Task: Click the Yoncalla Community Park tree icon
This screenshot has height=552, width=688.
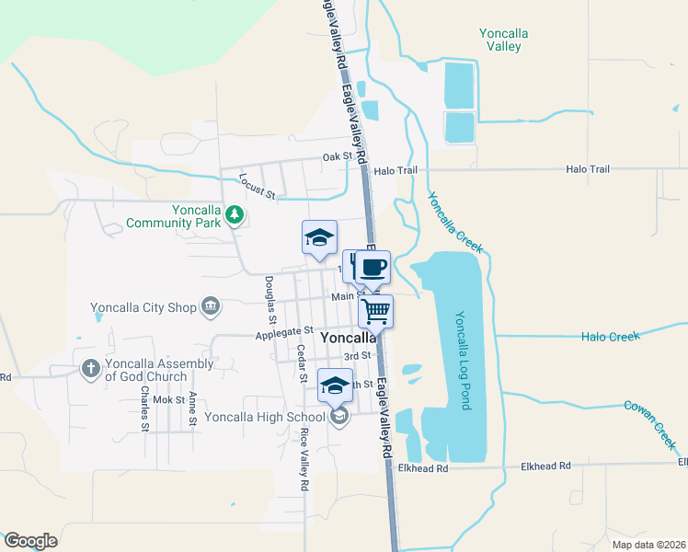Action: pyautogui.click(x=235, y=214)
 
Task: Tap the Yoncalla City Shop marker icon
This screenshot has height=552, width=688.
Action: pyautogui.click(x=211, y=306)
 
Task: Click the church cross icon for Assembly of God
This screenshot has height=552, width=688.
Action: pyautogui.click(x=90, y=369)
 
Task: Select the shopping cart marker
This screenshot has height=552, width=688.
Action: pyautogui.click(x=376, y=311)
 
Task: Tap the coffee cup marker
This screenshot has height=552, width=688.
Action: pyautogui.click(x=372, y=267)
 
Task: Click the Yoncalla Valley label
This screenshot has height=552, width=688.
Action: pyautogui.click(x=505, y=40)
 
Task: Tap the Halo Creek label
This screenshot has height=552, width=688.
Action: pyautogui.click(x=610, y=337)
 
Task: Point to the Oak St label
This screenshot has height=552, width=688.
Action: pyautogui.click(x=338, y=157)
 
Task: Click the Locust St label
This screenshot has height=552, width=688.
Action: pyautogui.click(x=257, y=187)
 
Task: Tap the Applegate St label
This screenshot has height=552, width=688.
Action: pyautogui.click(x=284, y=331)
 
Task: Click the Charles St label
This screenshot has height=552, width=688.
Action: pyautogui.click(x=144, y=408)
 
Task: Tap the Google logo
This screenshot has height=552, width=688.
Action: pyautogui.click(x=30, y=540)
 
